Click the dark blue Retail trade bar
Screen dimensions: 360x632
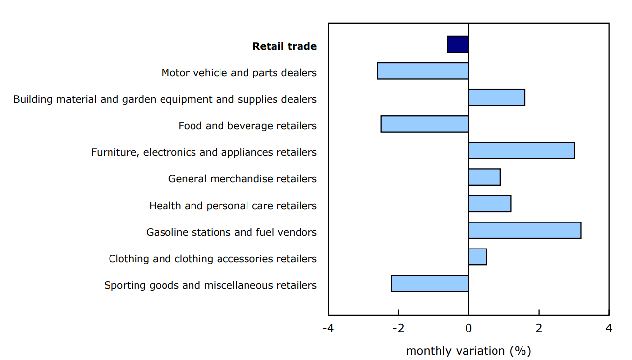[458, 44]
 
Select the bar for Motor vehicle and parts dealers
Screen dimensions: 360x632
[423, 71]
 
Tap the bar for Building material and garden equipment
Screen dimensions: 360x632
[496, 97]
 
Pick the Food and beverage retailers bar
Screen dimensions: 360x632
[424, 124]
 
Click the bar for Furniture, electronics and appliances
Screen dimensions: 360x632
[521, 150]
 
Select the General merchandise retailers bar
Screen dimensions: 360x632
[484, 177]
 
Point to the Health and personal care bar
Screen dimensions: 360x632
[490, 203]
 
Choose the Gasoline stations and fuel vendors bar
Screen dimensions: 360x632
[524, 230]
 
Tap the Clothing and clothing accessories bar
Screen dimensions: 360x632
[477, 257]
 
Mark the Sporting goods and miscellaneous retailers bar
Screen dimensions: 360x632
[430, 283]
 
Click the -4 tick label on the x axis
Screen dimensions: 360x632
[328, 328]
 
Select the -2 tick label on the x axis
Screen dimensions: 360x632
[398, 328]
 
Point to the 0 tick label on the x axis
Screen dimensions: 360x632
[468, 328]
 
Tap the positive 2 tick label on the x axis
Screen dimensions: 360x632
[539, 328]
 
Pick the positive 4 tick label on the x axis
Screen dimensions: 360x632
[609, 328]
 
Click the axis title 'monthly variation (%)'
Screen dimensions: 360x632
[468, 351]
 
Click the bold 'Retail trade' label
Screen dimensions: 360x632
[284, 46]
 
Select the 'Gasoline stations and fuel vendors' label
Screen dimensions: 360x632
[231, 232]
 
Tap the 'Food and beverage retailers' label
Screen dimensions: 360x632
[247, 126]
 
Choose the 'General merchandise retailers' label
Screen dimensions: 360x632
[242, 179]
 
